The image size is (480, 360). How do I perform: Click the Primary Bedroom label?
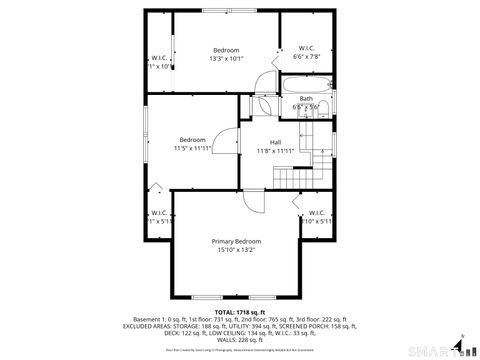point(236,241)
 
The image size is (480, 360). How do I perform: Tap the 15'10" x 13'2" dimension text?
point(236,250)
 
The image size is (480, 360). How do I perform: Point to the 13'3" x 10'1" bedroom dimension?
point(226,58)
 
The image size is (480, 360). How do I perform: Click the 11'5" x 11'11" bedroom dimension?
point(192,148)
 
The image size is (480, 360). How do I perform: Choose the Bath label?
point(305,98)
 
